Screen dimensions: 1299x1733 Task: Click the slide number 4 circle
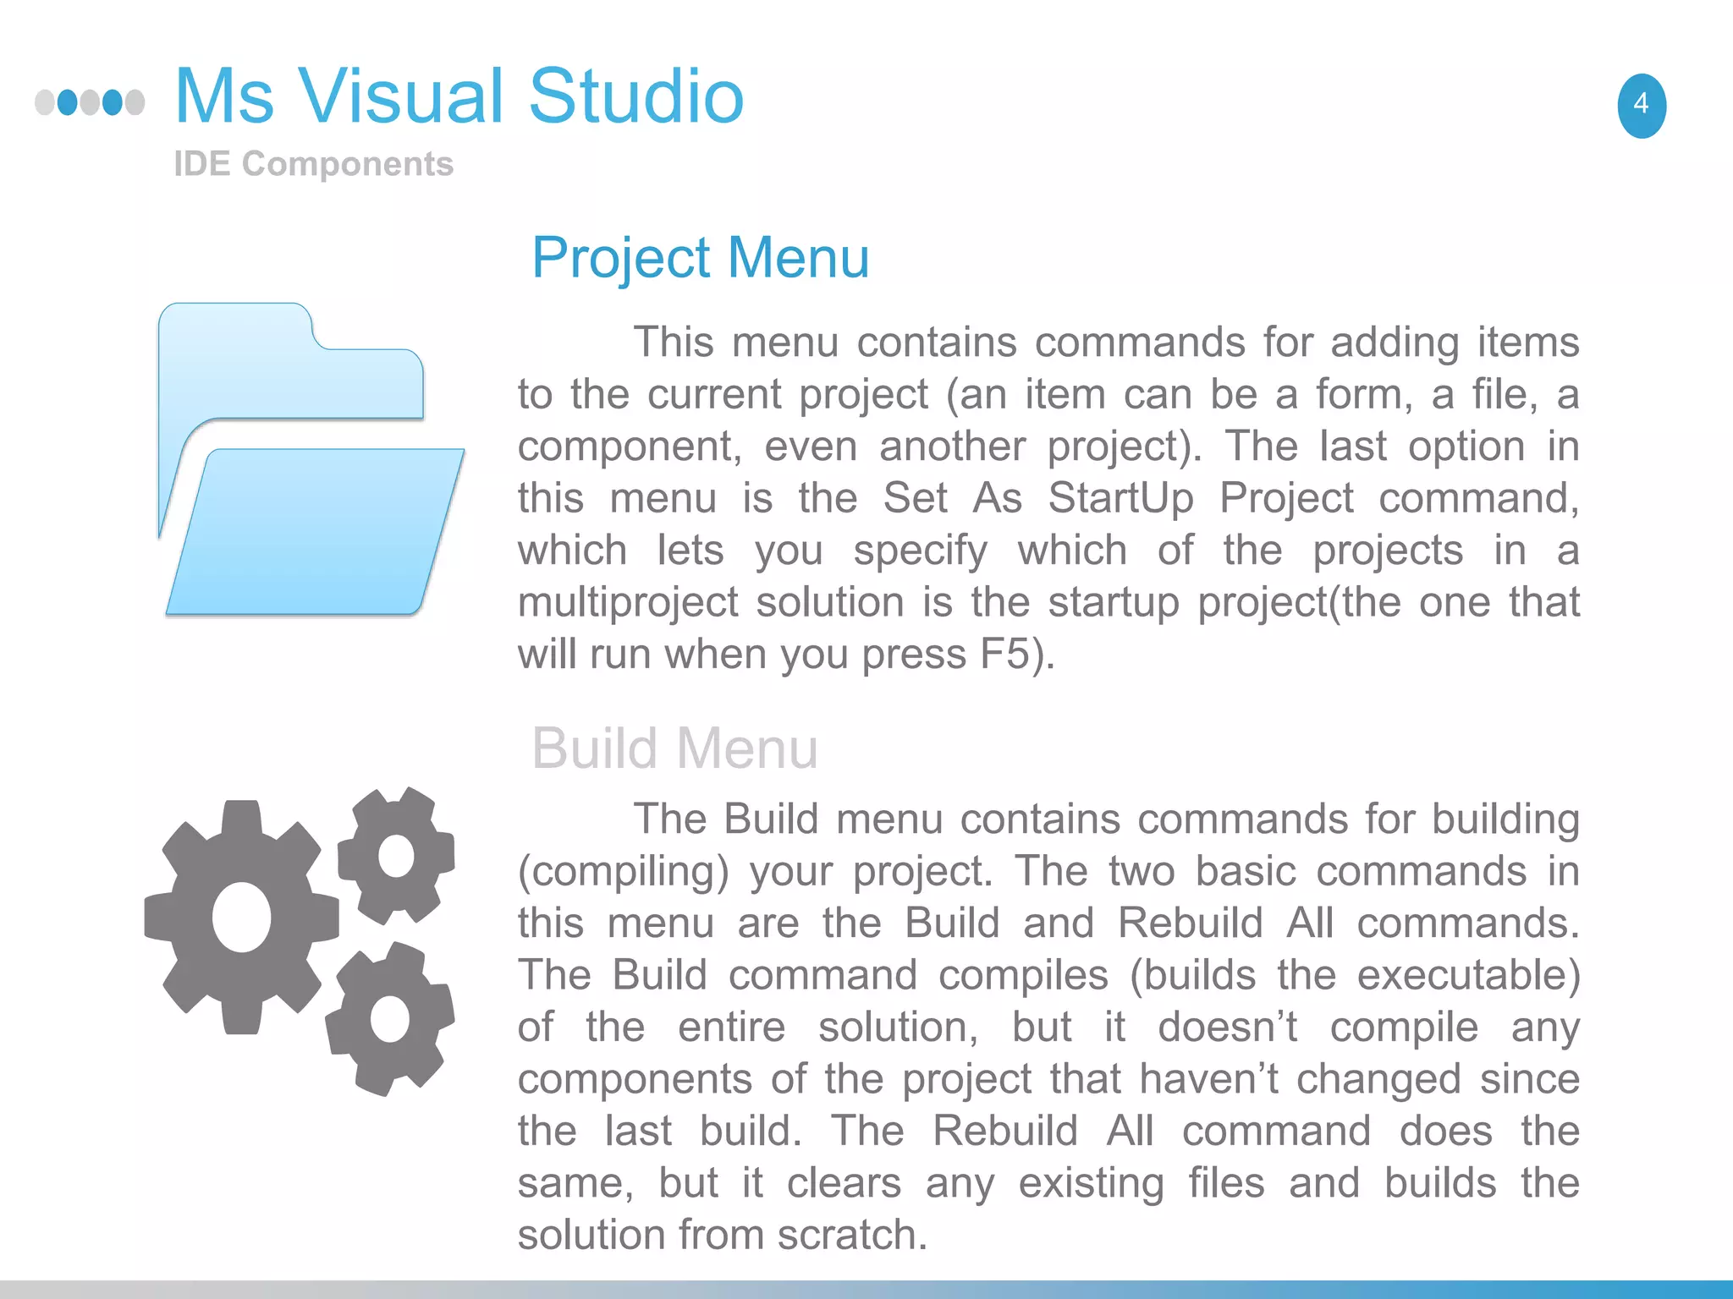coord(1642,106)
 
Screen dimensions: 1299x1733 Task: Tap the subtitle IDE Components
coord(313,164)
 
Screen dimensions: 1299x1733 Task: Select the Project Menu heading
coord(700,258)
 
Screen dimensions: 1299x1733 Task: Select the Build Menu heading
coord(674,748)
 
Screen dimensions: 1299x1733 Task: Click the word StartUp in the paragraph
coord(1120,498)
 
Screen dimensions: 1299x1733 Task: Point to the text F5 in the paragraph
coord(1004,655)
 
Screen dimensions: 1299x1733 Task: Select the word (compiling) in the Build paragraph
coord(623,872)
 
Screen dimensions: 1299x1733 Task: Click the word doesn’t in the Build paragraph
coord(1227,1028)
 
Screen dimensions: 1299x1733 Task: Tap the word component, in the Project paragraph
coord(630,447)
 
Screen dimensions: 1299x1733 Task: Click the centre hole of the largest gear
coord(242,918)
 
